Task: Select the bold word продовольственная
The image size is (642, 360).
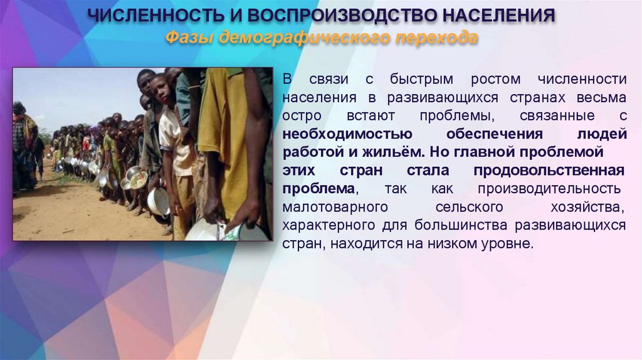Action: tap(549, 171)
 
